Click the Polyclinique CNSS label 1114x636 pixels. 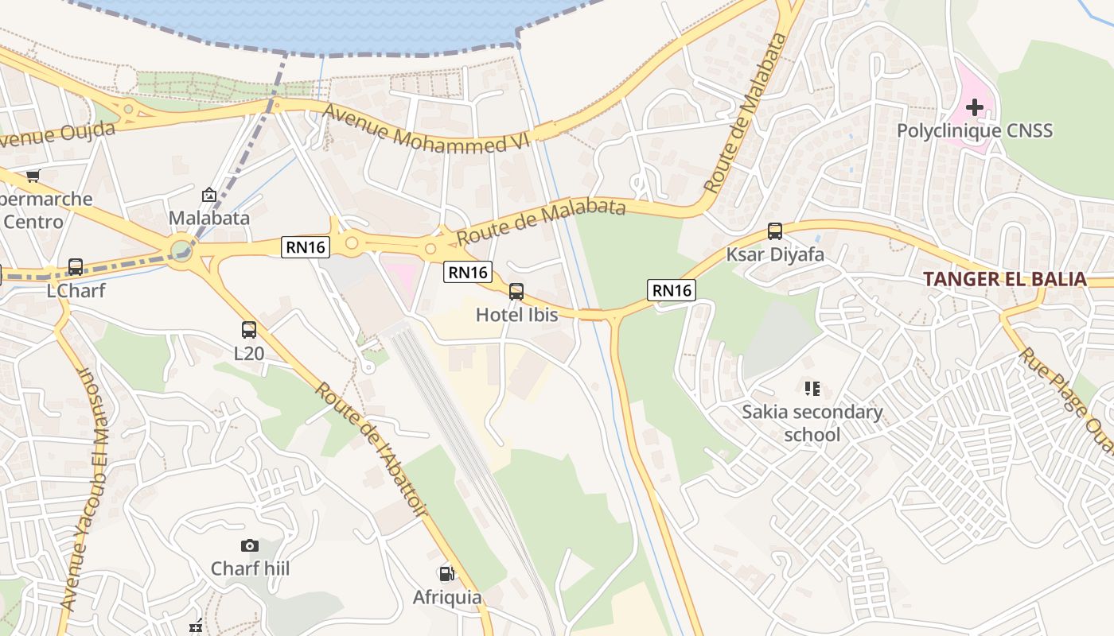974,130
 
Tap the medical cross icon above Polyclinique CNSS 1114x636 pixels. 974,107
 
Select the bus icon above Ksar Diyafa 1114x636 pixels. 775,231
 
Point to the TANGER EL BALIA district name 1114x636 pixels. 1004,279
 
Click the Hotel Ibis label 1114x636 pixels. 516,315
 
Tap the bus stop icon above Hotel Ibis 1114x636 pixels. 516,292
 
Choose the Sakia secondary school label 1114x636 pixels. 812,423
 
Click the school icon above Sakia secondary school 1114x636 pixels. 812,389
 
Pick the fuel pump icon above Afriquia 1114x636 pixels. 446,573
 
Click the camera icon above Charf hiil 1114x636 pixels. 250,545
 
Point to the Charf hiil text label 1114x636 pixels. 250,569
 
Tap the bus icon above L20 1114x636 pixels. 249,329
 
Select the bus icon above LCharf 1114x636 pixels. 76,267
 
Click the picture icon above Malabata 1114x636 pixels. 208,195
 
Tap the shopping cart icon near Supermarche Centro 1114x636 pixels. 33,176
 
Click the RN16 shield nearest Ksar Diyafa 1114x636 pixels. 672,290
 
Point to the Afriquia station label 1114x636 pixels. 446,597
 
